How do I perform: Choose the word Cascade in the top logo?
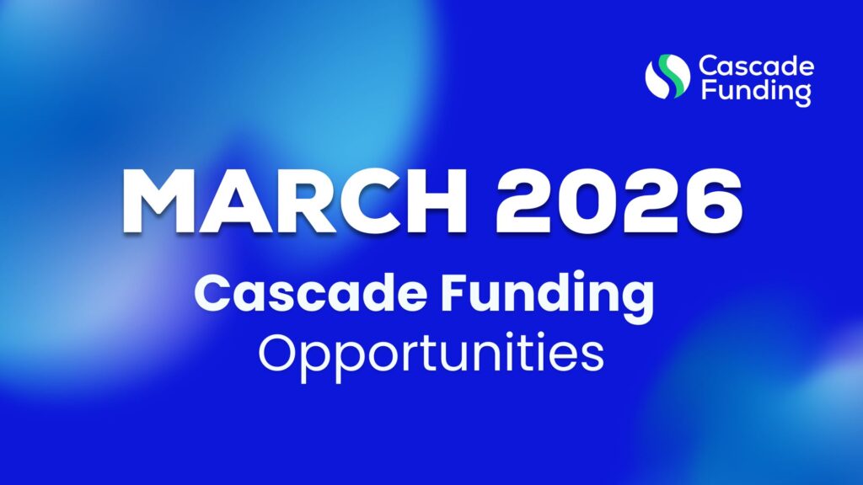755,66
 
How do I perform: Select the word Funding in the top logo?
755,89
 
